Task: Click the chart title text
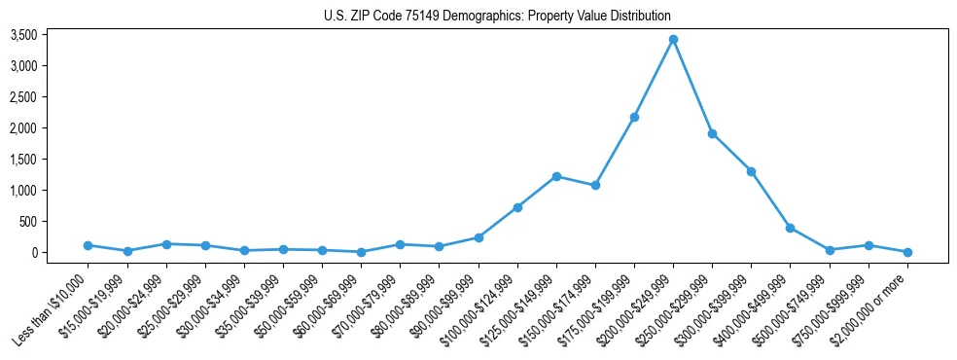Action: (497, 17)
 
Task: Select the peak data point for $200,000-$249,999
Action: (673, 40)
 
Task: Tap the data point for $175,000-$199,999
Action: (634, 118)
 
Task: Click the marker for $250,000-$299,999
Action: (712, 133)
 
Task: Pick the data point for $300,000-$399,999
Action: (751, 171)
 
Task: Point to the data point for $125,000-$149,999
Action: (556, 176)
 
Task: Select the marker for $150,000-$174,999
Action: (595, 185)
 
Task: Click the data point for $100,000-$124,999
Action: (517, 207)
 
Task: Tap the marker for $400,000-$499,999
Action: (791, 228)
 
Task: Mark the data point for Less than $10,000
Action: (88, 245)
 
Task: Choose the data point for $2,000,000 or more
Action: (907, 252)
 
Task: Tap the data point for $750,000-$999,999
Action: (868, 245)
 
